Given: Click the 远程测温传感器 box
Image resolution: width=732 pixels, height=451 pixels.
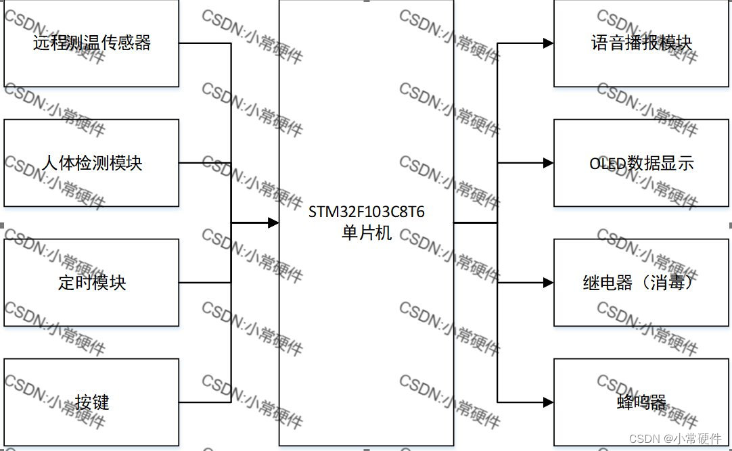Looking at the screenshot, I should pos(91,43).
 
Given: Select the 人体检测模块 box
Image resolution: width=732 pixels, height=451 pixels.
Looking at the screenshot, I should pos(91,163).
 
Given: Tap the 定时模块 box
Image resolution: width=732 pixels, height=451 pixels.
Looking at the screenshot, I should pos(91,282).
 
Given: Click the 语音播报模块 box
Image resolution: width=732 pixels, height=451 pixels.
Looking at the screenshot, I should pos(641,43).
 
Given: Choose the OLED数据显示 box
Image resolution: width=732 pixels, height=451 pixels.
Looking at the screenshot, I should pos(641,163).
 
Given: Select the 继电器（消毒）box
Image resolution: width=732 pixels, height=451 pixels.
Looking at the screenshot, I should pos(641,282).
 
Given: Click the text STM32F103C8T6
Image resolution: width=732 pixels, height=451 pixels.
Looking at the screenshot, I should pos(367,212).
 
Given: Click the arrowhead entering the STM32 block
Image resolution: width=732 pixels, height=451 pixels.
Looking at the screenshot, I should pos(273,222).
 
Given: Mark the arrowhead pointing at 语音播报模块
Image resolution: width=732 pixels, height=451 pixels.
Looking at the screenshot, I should pos(548,43).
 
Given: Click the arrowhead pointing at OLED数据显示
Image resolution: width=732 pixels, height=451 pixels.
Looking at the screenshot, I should pos(548,163).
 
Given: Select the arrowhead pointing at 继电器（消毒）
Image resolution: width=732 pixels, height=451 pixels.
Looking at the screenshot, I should pos(548,283).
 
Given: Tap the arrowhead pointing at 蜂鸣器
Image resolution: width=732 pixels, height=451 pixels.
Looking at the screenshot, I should pos(548,402).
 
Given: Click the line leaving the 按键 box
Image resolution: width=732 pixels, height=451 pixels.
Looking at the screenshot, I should pos(204,402).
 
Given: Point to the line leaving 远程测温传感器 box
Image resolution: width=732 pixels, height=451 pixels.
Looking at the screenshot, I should pos(204,43).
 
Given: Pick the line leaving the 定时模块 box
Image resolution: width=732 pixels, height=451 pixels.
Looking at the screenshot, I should pos(204,283).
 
